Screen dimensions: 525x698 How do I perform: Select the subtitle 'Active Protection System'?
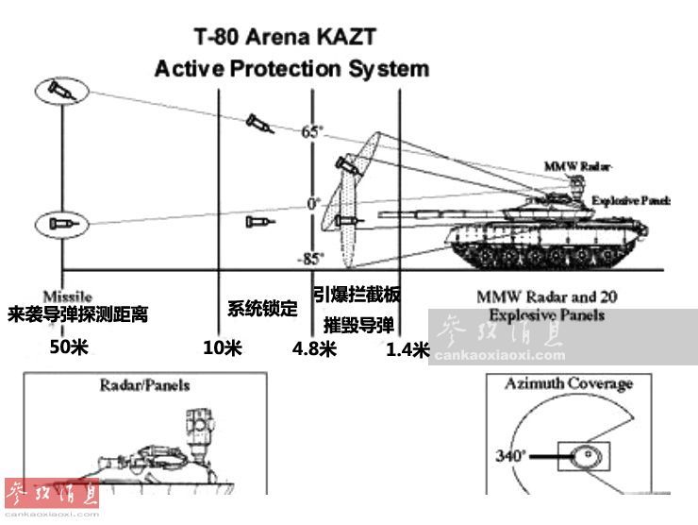pos(291,69)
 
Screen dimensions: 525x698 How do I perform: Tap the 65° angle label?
pos(312,132)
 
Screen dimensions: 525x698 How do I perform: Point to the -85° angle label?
pos(311,257)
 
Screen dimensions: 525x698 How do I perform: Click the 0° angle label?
pos(314,202)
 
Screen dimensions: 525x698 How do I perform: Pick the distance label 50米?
pos(69,347)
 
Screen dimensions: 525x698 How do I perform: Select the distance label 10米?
pos(223,347)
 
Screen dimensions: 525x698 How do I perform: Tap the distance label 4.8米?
pos(314,348)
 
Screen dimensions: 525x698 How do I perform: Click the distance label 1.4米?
pos(407,350)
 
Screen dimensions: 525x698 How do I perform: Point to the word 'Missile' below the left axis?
pos(68,296)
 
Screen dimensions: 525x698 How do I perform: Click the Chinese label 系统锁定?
pos(262,309)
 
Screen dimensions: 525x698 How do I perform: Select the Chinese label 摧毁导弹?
pos(358,326)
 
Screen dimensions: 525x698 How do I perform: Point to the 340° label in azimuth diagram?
pos(511,457)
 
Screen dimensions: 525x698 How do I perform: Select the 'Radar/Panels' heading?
pos(144,385)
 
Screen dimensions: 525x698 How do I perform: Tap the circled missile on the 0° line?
pos(60,224)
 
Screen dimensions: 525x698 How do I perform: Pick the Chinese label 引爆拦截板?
pos(357,296)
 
